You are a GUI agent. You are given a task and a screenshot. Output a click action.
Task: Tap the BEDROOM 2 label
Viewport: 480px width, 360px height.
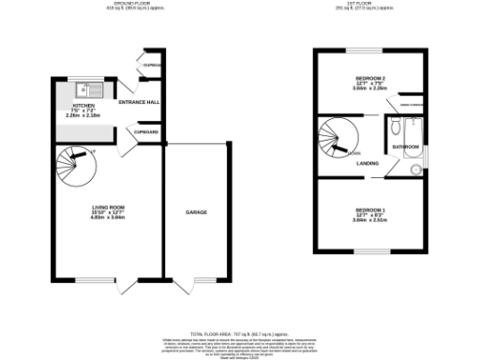click(x=369, y=79)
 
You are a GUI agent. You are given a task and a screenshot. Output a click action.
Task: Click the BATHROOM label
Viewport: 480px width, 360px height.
click(x=405, y=147)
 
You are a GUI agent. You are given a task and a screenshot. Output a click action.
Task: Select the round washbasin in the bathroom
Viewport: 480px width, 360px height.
click(x=415, y=169)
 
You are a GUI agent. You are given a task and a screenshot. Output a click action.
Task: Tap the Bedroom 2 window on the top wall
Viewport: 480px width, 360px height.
click(x=369, y=49)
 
